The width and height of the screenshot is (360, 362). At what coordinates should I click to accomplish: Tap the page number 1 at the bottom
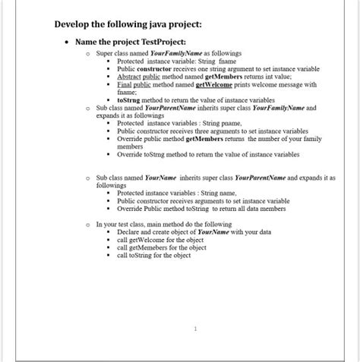[x=195, y=329]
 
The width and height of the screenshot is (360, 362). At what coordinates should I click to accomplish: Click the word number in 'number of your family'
[x=258, y=138]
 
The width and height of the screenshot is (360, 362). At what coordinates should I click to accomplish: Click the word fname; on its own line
[x=126, y=92]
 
